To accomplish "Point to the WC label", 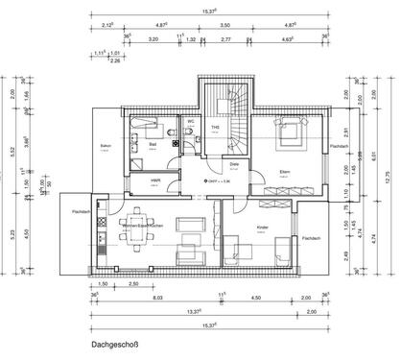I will [191, 123].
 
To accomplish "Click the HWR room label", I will [154, 180].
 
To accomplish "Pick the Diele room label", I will [233, 162].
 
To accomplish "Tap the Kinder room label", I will [263, 227].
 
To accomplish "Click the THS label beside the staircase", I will [216, 128].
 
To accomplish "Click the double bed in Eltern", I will [290, 129].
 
